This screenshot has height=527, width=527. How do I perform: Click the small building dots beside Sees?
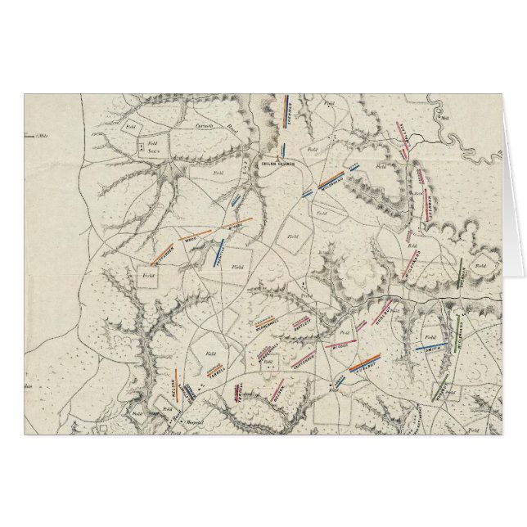click(142, 146)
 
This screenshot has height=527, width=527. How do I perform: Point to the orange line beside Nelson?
click(182, 383)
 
